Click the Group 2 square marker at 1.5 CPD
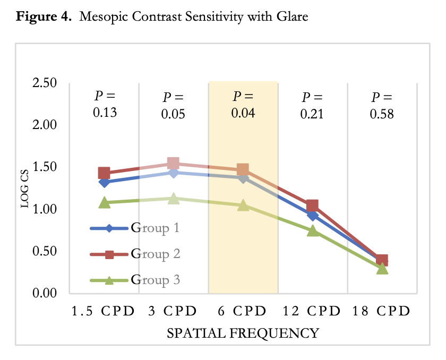(x=104, y=173)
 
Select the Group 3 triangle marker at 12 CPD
(x=313, y=230)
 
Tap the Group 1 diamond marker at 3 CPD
(x=174, y=173)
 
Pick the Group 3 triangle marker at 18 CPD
(x=382, y=268)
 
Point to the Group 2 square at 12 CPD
(x=313, y=205)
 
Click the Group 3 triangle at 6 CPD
(x=243, y=205)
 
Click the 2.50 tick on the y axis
(x=45, y=83)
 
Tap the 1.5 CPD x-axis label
(x=104, y=311)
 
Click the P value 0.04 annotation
(x=243, y=105)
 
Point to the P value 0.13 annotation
(x=105, y=105)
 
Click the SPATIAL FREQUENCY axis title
(x=243, y=333)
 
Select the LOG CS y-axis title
(x=24, y=188)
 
